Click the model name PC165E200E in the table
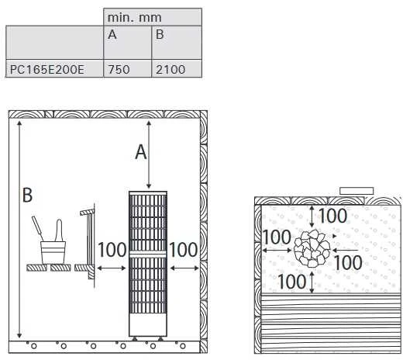(47, 69)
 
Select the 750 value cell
(119, 69)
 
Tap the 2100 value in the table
(170, 69)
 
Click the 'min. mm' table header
(134, 18)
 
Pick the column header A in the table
(112, 34)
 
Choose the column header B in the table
(160, 34)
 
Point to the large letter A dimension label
(141, 152)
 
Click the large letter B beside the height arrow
(27, 195)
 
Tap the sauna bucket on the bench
(53, 253)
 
